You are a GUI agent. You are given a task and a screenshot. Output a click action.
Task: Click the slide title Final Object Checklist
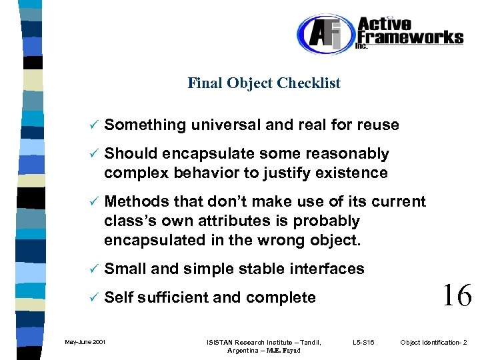point(264,83)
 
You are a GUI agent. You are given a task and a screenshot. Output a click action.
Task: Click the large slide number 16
point(457,294)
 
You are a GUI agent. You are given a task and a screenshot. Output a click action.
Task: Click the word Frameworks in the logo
point(411,37)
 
